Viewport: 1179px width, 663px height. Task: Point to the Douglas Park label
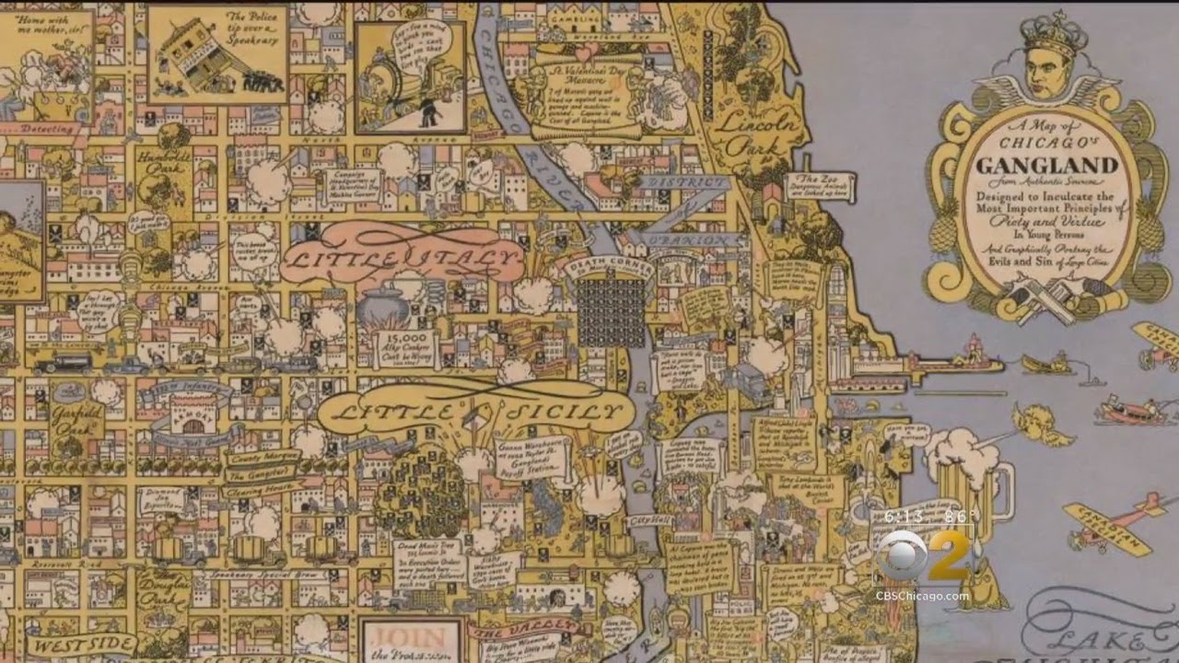164,589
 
